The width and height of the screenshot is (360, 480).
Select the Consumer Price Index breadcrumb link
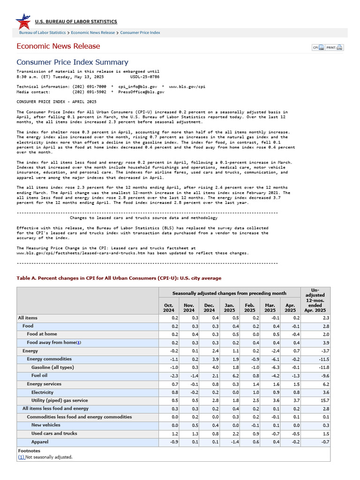pyautogui.click(x=140, y=33)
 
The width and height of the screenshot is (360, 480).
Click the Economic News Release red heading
pyautogui.click(x=58, y=46)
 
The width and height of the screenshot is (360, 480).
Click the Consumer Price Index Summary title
pyautogui.click(x=72, y=62)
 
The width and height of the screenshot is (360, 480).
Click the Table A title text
pyautogui.click(x=119, y=278)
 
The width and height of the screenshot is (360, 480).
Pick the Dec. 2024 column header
pyautogui.click(x=209, y=307)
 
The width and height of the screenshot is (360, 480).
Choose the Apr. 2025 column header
pyautogui.click(x=290, y=307)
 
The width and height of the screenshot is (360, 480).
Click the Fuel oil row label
pyautogui.click(x=39, y=375)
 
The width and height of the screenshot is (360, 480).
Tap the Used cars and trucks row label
pyautogui.click(x=54, y=434)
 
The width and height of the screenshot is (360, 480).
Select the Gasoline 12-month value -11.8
pyautogui.click(x=323, y=367)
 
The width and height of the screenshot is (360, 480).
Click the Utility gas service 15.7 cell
pyautogui.click(x=324, y=401)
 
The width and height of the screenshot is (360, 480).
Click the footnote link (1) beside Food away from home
pyautogui.click(x=79, y=343)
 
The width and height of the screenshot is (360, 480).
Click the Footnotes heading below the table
pyautogui.click(x=29, y=451)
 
